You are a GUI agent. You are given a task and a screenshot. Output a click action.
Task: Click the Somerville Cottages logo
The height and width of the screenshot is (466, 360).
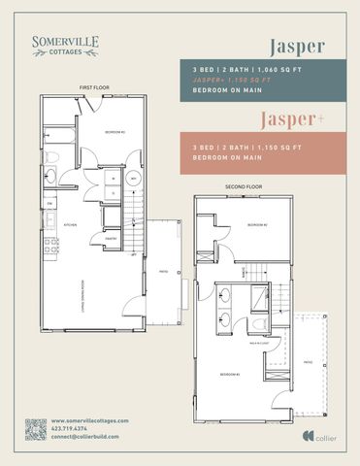tap(63, 45)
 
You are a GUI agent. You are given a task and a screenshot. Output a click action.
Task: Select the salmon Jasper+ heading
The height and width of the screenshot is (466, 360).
tap(290, 119)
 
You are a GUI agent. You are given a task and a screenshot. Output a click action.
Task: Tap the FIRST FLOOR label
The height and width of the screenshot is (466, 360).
tap(93, 87)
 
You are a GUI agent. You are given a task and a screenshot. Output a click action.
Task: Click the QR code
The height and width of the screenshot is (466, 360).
tap(35, 429)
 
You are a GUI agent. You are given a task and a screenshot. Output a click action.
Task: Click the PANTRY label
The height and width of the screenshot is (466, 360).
tap(111, 238)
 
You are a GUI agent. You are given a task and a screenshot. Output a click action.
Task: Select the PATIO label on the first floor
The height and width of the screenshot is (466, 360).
tap(163, 273)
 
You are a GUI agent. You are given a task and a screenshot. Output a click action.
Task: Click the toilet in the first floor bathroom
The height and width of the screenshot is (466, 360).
tap(56, 157)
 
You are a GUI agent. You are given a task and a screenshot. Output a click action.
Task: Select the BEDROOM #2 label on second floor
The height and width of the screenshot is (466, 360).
tap(256, 224)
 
